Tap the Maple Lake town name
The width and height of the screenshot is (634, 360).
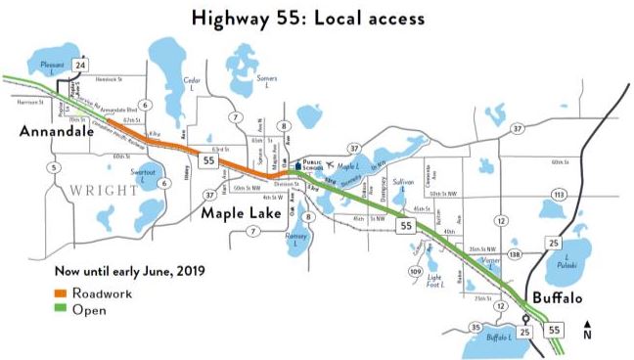click(241, 211)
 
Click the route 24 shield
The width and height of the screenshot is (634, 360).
click(81, 67)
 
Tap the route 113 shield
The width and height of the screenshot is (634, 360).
click(559, 195)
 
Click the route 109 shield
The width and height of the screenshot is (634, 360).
click(415, 271)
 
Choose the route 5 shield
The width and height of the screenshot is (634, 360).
click(52, 167)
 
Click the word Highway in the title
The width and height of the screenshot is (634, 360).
click(231, 18)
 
